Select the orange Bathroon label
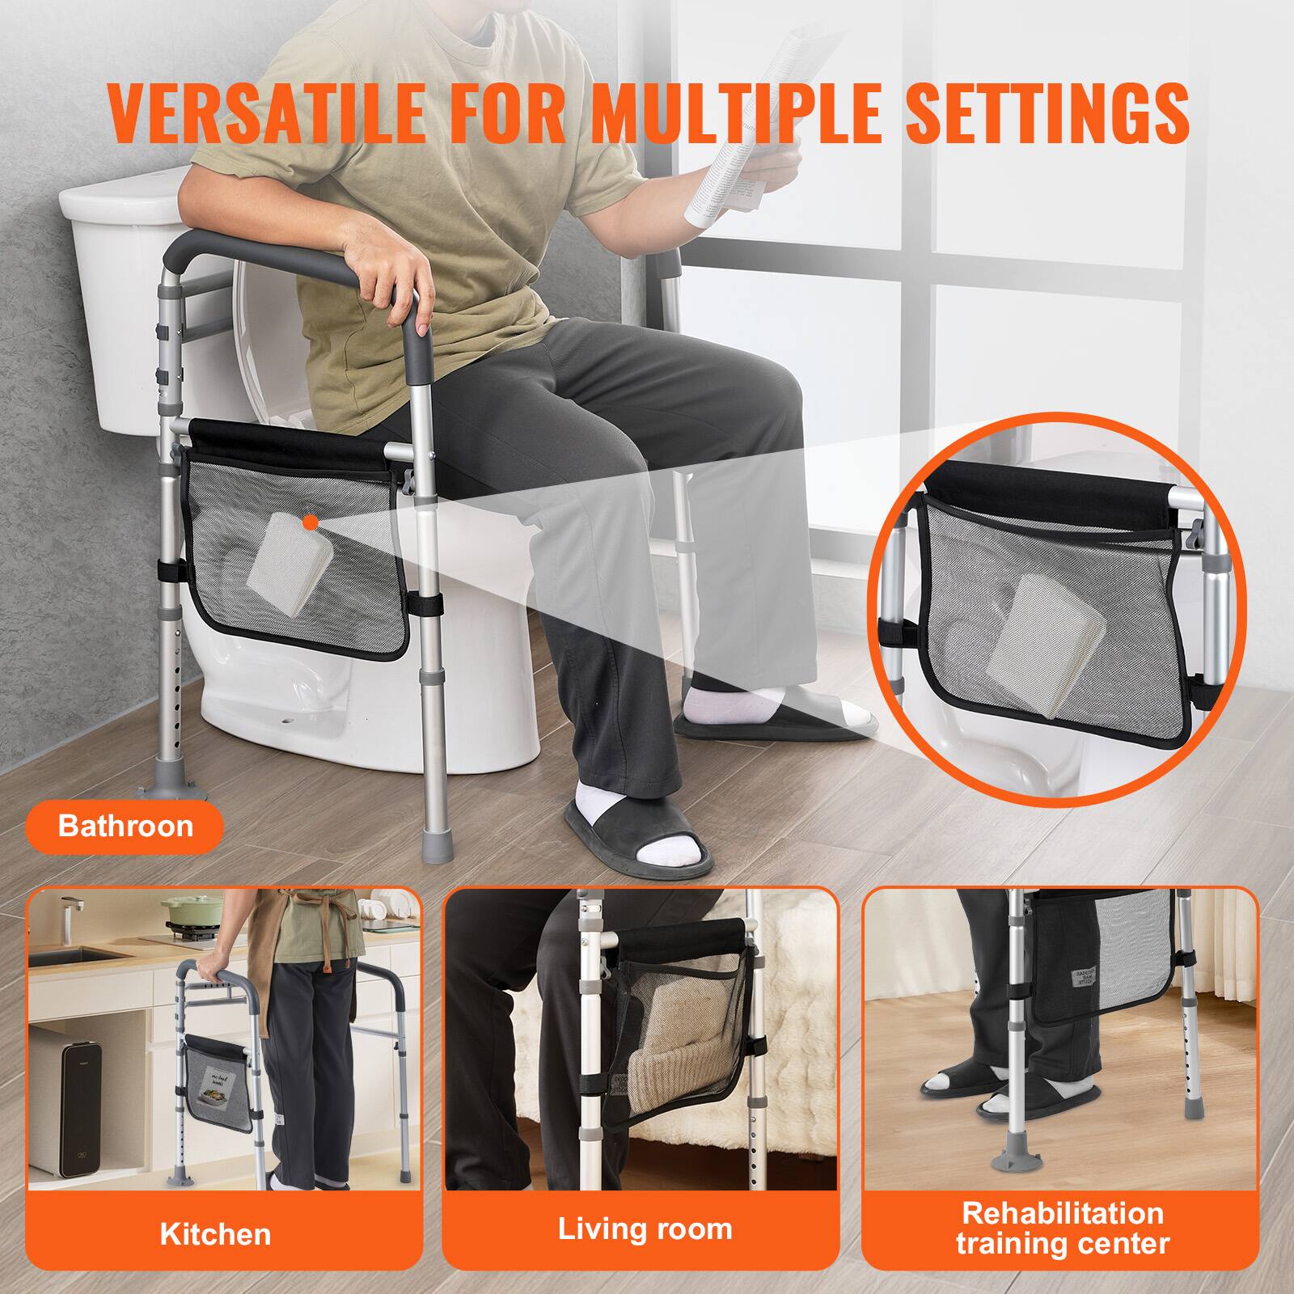pyautogui.click(x=125, y=826)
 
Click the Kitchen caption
pyautogui.click(x=215, y=1233)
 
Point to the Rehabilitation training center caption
pyautogui.click(x=1062, y=1227)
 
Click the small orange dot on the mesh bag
pyautogui.click(x=309, y=524)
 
